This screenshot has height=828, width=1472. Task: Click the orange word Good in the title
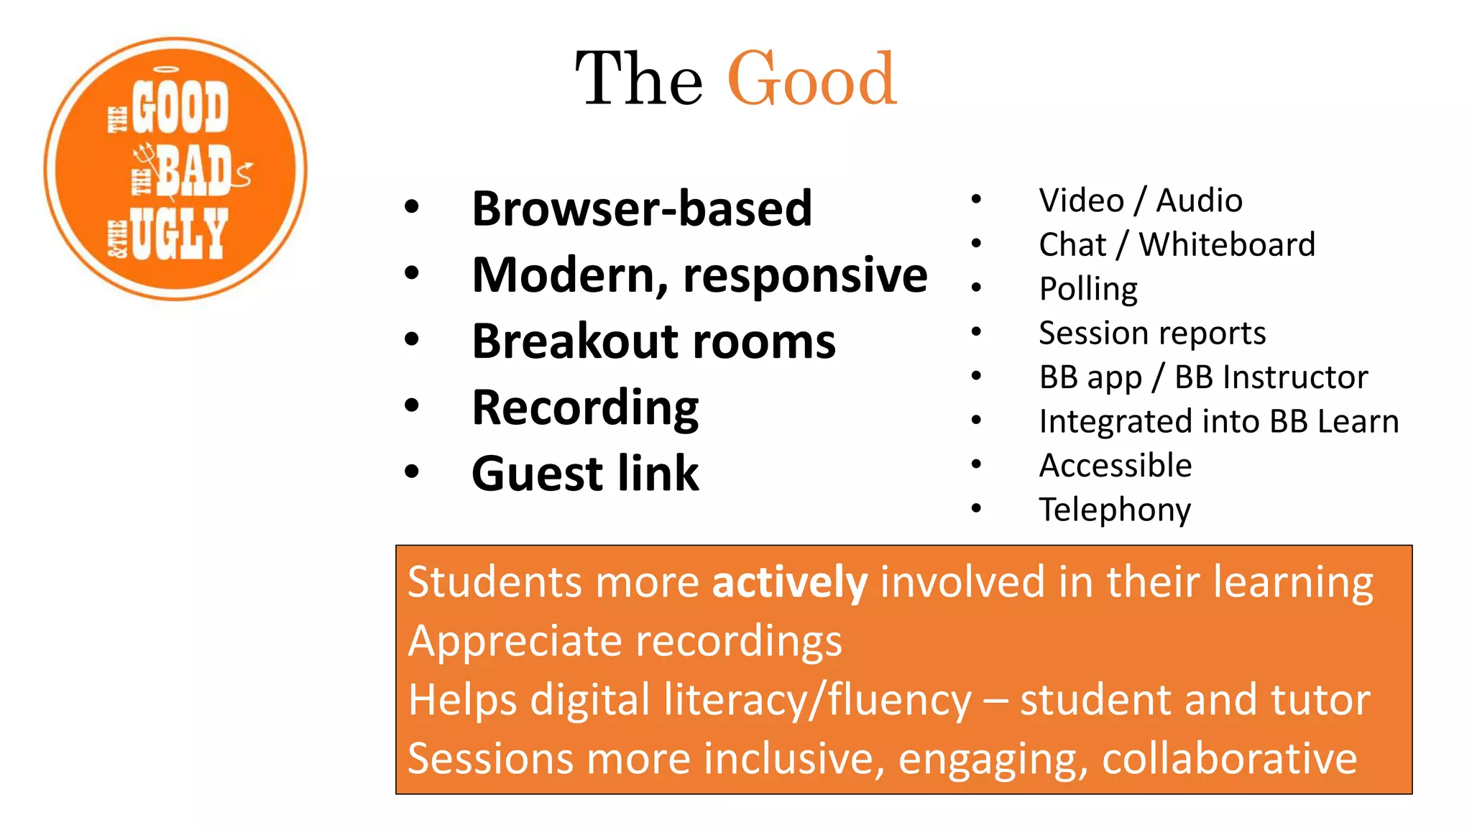[812, 79]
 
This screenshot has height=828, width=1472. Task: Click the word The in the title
[639, 79]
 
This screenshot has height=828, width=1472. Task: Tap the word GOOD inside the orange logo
[180, 108]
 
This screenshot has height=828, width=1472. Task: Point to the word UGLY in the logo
[179, 234]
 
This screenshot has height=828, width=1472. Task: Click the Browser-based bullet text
[641, 208]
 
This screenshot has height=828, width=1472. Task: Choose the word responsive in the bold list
[805, 276]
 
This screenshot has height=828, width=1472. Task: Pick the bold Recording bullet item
[585, 408]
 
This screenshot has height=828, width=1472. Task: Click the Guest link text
[585, 474]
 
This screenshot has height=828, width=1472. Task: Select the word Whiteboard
[1227, 244]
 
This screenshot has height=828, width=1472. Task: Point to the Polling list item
[1088, 289]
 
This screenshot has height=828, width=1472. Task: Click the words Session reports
[1152, 333]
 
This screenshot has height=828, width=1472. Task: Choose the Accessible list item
[1115, 466]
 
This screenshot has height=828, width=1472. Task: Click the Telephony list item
[1115, 510]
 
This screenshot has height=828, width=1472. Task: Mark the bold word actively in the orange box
[789, 581]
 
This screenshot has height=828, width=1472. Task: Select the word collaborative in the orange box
[1229, 758]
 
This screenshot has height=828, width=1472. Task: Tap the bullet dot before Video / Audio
[975, 199]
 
